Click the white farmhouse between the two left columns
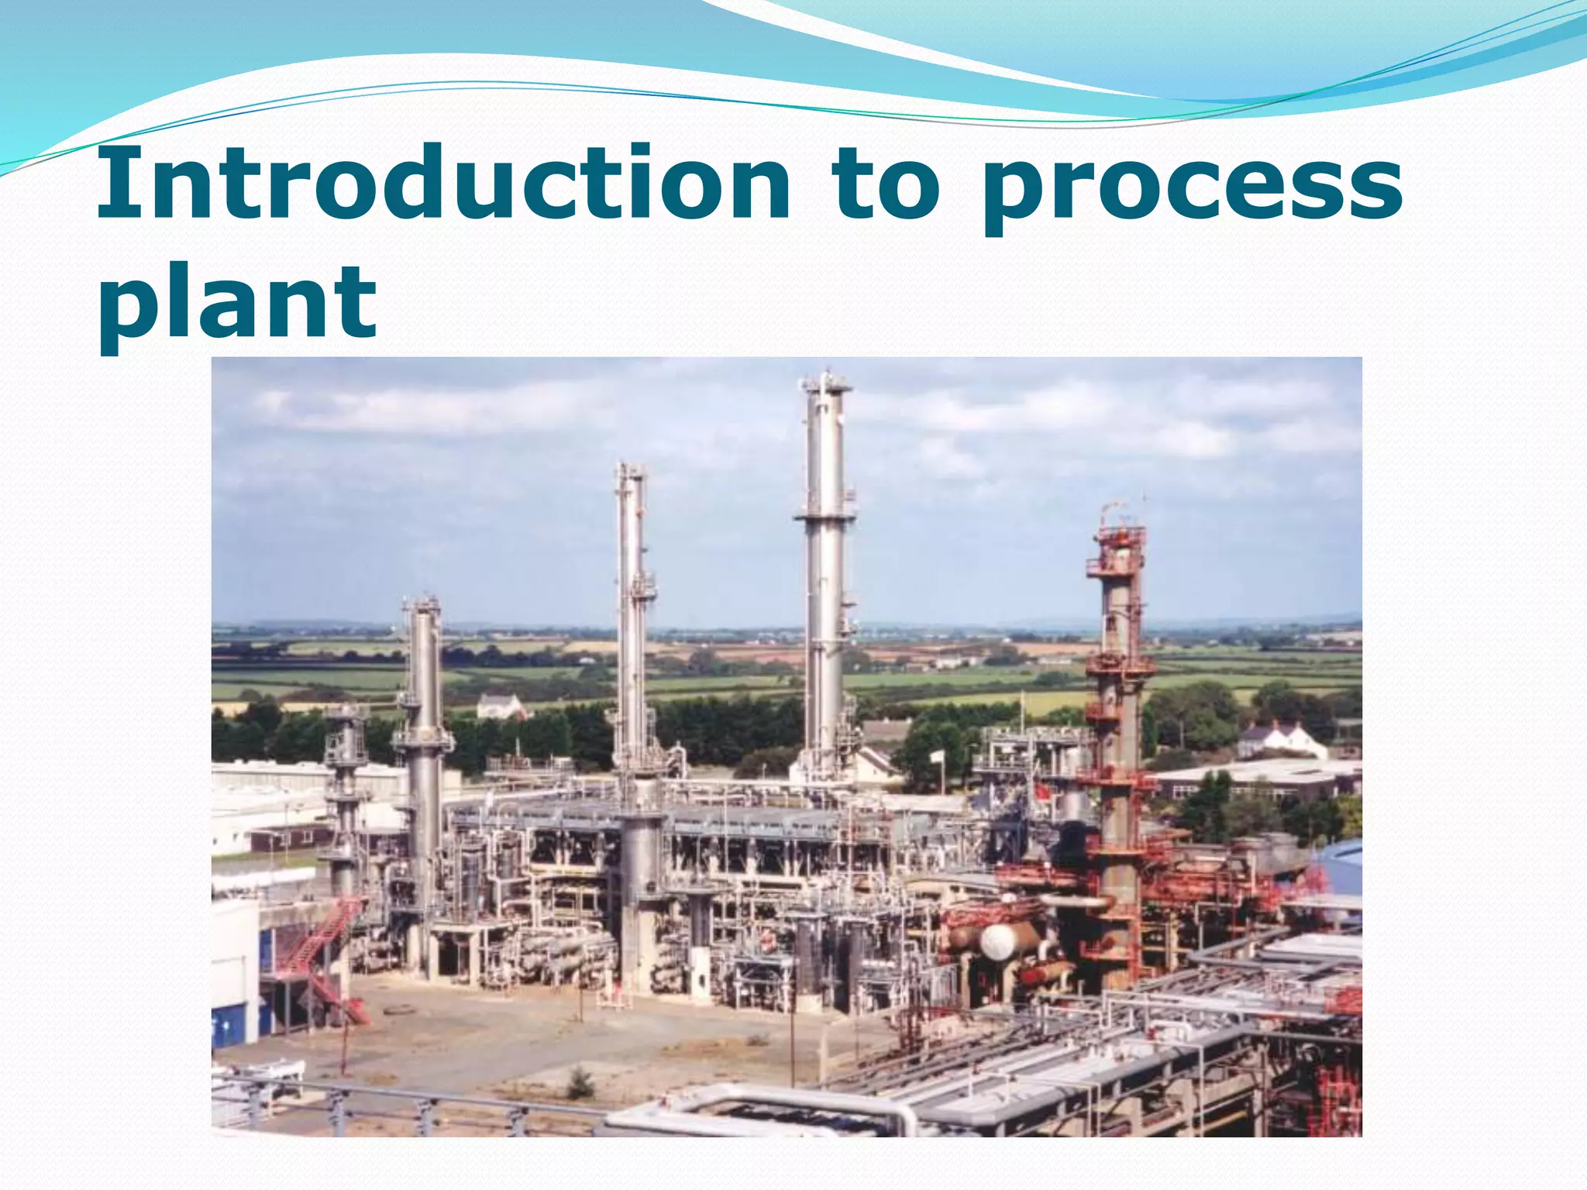point(500,707)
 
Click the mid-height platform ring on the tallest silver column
point(824,515)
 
